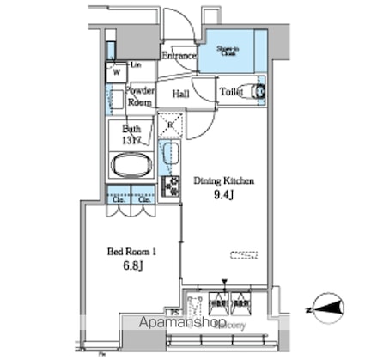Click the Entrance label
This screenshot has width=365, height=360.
coord(180,57)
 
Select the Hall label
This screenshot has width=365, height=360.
coord(181,94)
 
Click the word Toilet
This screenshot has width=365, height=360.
coord(231,91)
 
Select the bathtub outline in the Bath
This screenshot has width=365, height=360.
coord(131,165)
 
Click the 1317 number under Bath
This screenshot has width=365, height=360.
coord(131,140)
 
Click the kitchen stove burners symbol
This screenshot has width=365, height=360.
coord(171,186)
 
